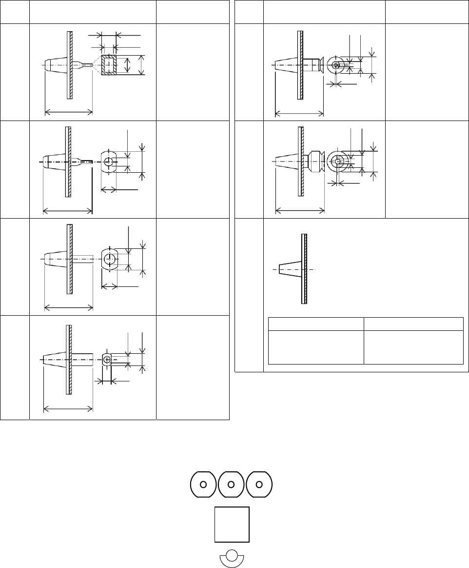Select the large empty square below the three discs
click(232, 525)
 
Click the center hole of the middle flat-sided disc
click(232, 485)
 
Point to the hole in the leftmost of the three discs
click(203, 485)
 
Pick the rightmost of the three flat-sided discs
click(259, 485)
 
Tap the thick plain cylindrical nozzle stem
click(82, 360)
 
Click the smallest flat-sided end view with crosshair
click(107, 360)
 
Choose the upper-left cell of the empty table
click(316, 324)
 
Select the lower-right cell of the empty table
click(413, 346)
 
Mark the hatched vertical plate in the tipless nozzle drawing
click(305, 269)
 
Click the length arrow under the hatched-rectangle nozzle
click(69, 113)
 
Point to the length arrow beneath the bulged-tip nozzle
click(300, 211)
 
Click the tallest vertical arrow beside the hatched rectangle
click(141, 65)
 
